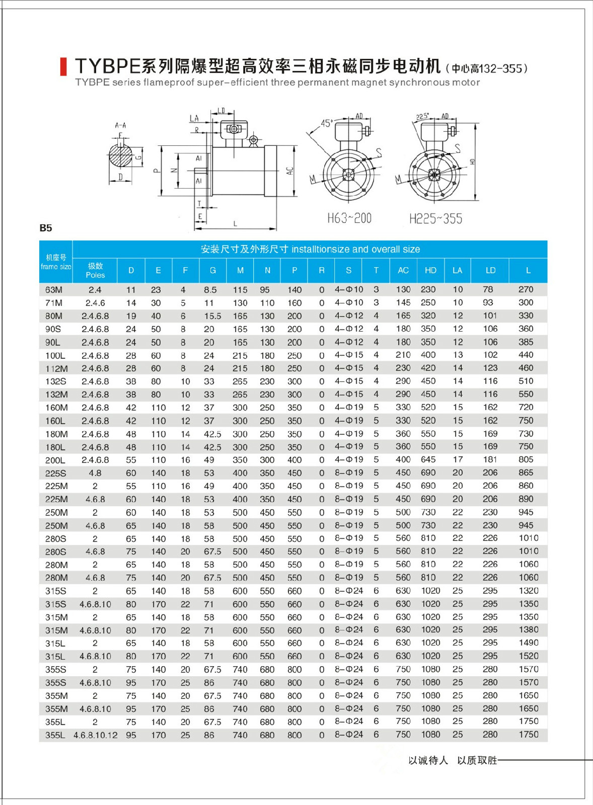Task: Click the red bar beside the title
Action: [63, 66]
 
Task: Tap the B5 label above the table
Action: [46, 228]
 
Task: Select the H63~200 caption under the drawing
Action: [349, 218]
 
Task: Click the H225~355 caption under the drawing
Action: [435, 219]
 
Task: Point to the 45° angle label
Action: [327, 123]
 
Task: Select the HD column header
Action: [430, 270]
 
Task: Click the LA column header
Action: [457, 270]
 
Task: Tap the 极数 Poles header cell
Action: [95, 270]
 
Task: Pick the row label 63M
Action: [54, 290]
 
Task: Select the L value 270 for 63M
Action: [526, 289]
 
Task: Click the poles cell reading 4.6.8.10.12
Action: [96, 735]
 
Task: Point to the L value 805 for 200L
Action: [526, 459]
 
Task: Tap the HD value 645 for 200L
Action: [428, 459]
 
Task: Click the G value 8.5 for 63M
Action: [210, 290]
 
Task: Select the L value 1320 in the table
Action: [529, 591]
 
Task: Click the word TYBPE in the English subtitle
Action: [92, 83]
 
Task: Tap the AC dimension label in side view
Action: [290, 171]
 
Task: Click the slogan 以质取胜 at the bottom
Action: [477, 760]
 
